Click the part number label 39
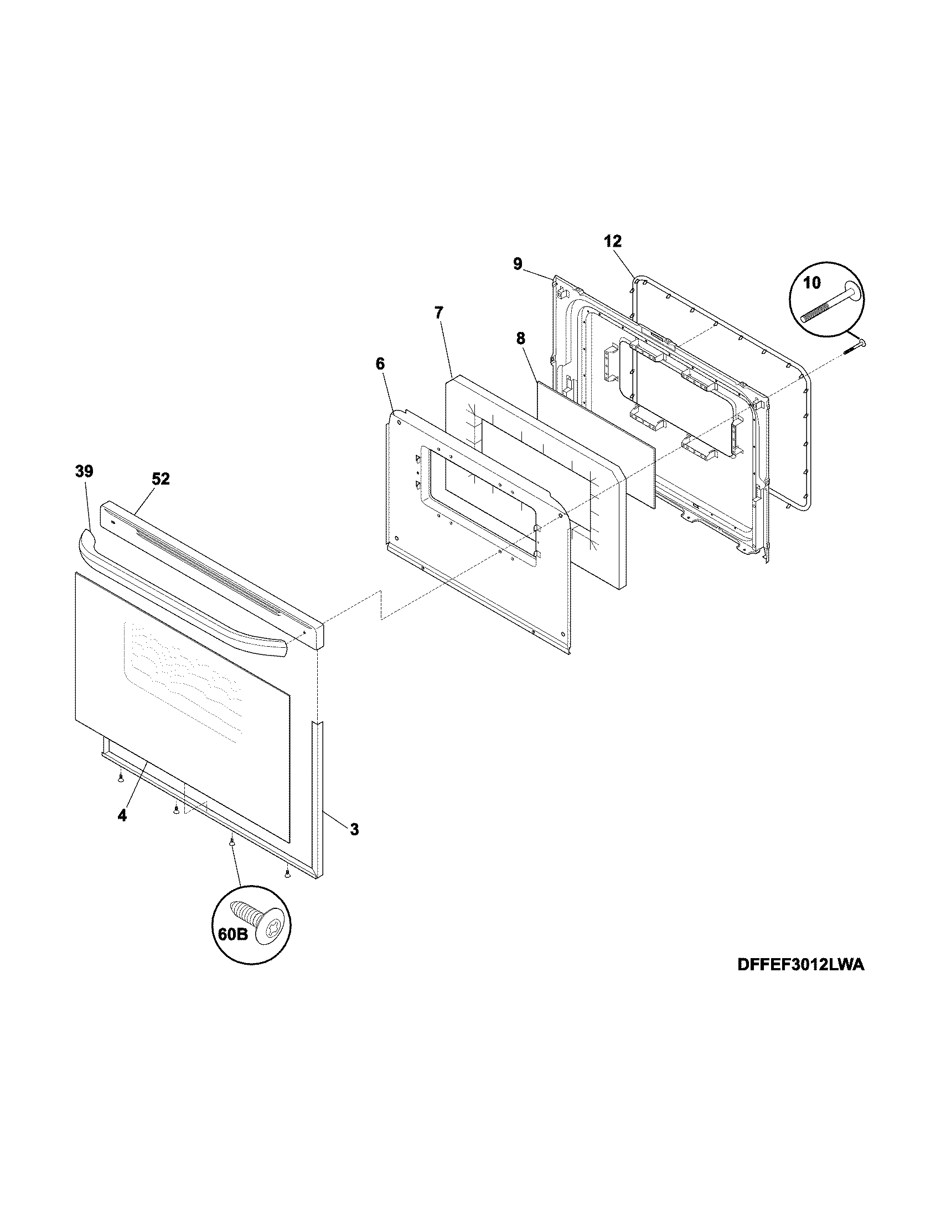84,471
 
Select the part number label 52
161,479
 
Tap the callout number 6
380,364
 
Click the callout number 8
520,338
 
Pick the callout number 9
518,263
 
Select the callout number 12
613,241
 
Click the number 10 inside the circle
812,283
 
